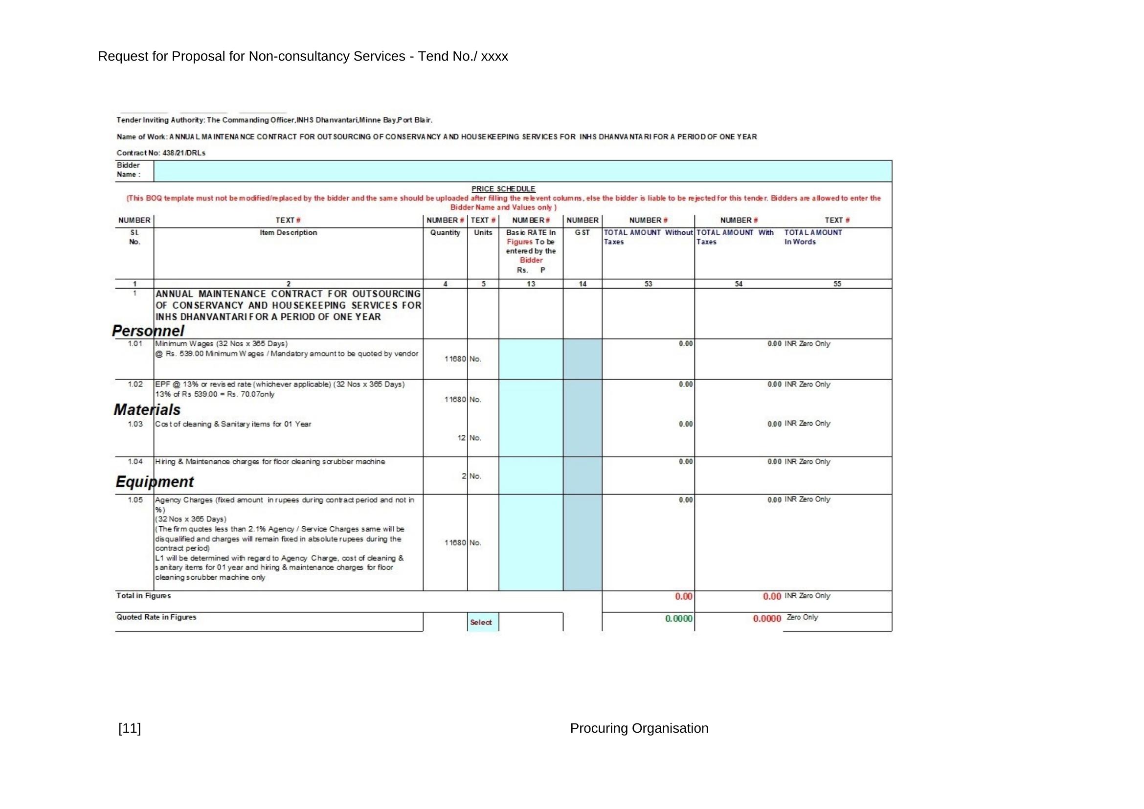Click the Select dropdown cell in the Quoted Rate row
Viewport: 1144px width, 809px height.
[482, 622]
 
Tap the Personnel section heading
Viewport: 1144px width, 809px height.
[148, 331]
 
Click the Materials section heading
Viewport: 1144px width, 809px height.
[147, 409]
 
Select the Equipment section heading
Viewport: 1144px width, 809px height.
[155, 482]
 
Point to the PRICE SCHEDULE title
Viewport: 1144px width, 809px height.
[503, 189]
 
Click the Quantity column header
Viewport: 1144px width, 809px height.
[445, 233]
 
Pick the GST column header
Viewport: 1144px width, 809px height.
[582, 233]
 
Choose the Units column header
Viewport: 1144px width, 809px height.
[483, 233]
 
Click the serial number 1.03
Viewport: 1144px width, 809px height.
[135, 424]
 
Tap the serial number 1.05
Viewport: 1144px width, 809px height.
[135, 500]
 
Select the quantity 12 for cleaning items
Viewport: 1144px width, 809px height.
[461, 438]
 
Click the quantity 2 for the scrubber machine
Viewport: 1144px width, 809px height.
[463, 476]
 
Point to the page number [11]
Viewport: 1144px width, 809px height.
[130, 728]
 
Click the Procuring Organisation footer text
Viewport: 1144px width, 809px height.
[639, 728]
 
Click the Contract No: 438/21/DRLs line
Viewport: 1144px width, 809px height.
[161, 153]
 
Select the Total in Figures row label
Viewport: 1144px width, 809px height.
[143, 596]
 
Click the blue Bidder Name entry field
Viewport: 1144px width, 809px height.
[522, 171]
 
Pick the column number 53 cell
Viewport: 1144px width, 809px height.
[648, 284]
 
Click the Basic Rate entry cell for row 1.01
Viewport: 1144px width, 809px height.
[531, 359]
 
